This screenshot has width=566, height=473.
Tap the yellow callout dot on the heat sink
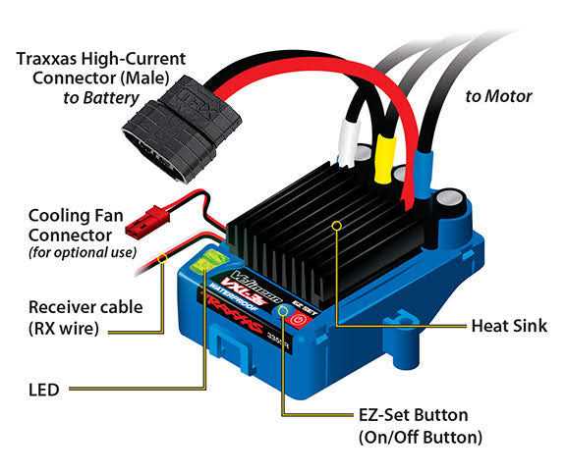pyautogui.click(x=337, y=225)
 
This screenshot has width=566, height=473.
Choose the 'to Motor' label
pyautogui.click(x=498, y=96)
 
